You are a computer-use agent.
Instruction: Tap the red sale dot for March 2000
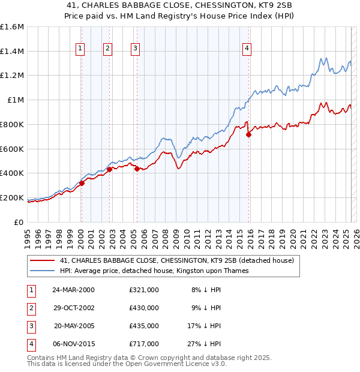pyautogui.click(x=82, y=183)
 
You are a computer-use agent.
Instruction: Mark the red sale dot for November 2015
pyautogui.click(x=249, y=134)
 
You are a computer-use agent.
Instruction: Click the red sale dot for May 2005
pyautogui.click(x=137, y=169)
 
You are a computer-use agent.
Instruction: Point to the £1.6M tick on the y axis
pyautogui.click(x=12, y=27)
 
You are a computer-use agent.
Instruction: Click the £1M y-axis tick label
pyautogui.click(x=16, y=100)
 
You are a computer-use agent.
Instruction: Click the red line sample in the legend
pyautogui.click(x=42, y=261)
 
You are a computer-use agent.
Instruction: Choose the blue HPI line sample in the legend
pyautogui.click(x=42, y=271)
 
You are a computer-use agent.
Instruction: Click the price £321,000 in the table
pyautogui.click(x=144, y=290)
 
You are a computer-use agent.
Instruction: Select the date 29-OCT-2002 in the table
pyautogui.click(x=73, y=308)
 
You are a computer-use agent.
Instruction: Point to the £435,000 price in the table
pyautogui.click(x=144, y=326)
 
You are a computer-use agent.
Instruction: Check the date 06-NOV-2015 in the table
pyautogui.click(x=73, y=344)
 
